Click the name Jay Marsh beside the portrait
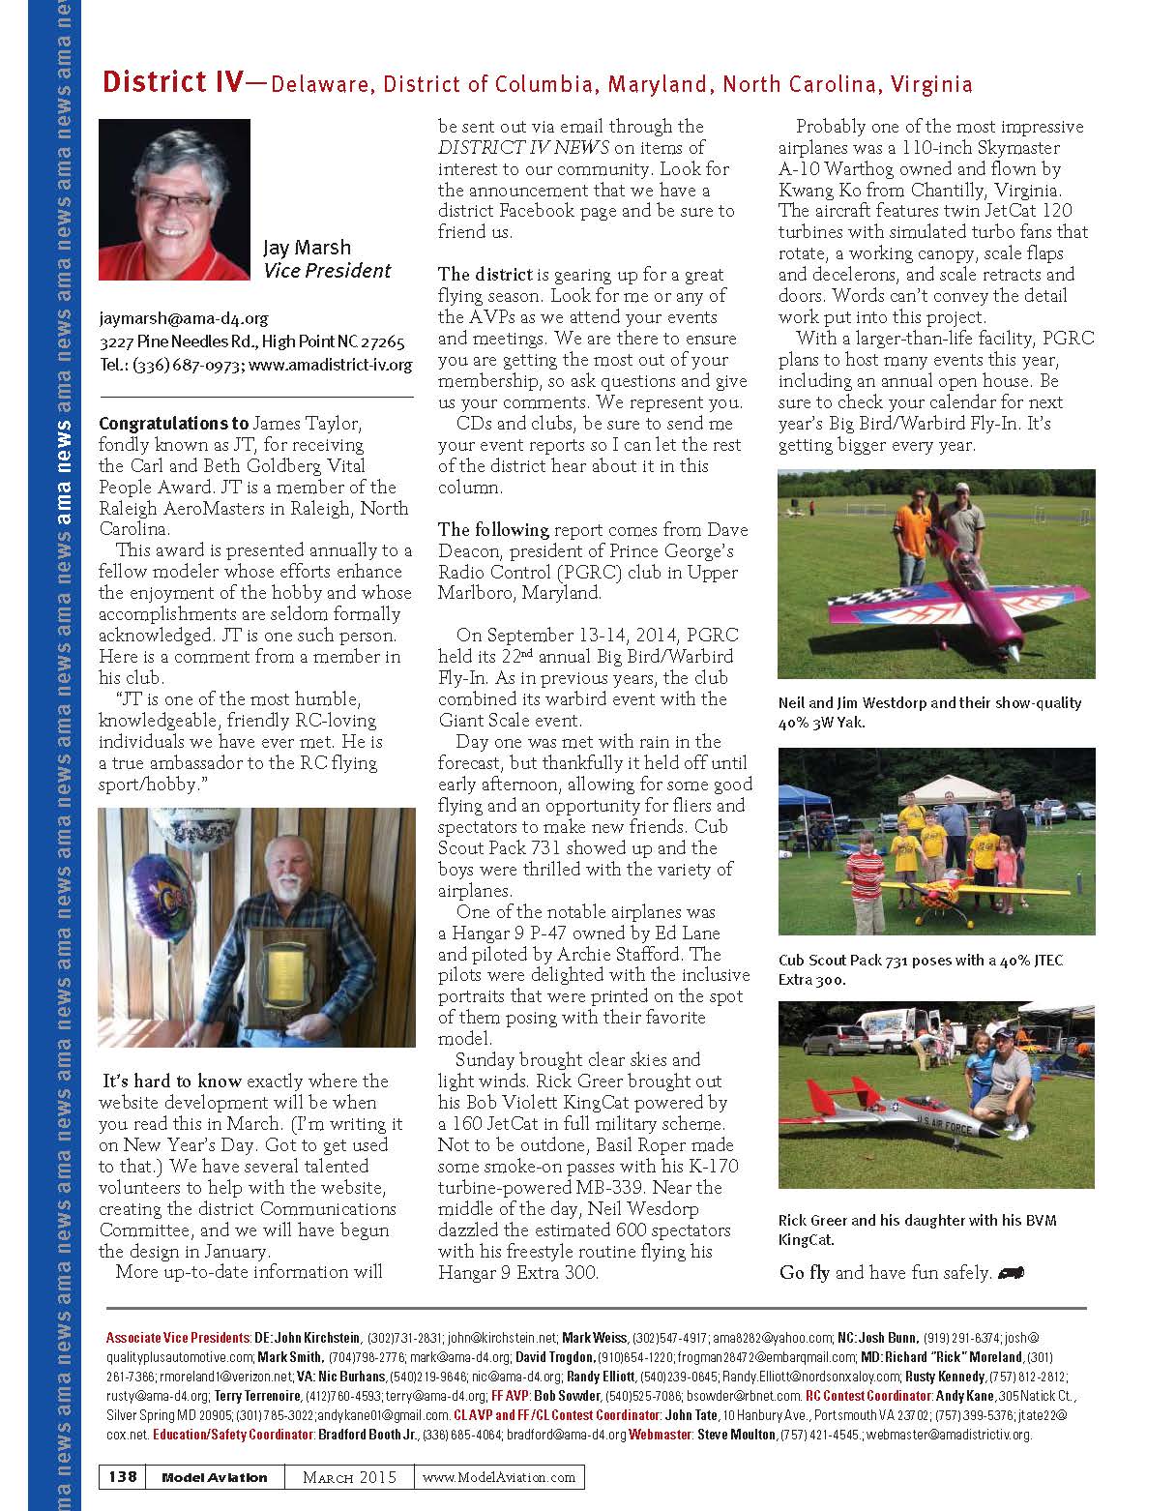point(307,248)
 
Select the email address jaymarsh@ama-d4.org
point(183,318)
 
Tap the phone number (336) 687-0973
point(187,365)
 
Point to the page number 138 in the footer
point(122,1476)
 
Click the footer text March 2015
point(349,1477)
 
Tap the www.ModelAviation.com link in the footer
point(499,1477)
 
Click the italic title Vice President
point(327,271)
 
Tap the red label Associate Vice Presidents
point(177,1338)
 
